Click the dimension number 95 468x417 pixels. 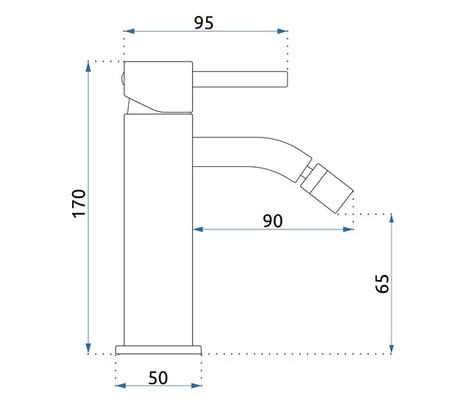[204, 22]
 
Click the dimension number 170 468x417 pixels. [79, 203]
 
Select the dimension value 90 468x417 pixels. [272, 221]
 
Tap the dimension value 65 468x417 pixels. [382, 284]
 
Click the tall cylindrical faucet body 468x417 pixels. [158, 228]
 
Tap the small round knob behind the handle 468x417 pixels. [121, 78]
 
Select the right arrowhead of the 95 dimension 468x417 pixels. [283, 31]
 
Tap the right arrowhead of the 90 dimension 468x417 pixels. [349, 229]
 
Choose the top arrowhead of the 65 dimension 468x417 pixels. [392, 218]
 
